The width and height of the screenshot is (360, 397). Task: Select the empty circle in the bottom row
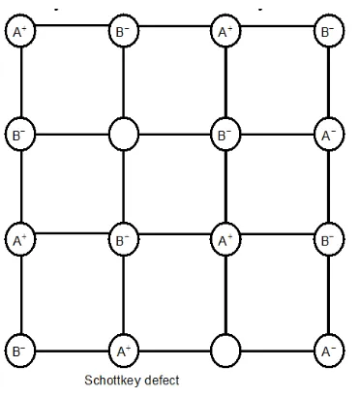click(225, 347)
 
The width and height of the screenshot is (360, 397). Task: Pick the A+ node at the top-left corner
click(19, 32)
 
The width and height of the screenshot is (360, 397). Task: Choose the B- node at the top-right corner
click(326, 32)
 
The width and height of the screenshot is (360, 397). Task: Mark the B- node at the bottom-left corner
click(19, 347)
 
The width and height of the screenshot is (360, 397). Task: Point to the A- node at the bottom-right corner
click(326, 347)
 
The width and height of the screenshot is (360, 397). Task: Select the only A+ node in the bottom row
click(123, 347)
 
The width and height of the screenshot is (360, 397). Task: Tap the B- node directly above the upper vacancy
click(123, 32)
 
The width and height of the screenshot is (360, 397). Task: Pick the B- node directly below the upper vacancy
click(123, 237)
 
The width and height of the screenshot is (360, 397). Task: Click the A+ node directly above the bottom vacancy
click(225, 237)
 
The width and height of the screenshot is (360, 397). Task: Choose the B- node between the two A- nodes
click(326, 237)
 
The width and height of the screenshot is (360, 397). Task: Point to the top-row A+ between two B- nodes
click(225, 32)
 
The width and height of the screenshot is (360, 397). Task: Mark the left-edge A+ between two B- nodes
click(19, 237)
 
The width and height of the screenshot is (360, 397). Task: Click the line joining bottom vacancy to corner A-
click(276, 347)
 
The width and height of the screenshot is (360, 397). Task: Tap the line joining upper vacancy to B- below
click(123, 184)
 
